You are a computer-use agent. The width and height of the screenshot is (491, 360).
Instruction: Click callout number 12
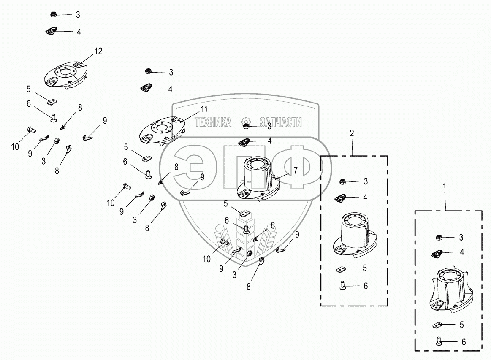coord(98,51)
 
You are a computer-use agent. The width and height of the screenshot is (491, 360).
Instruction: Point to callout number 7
coord(296,171)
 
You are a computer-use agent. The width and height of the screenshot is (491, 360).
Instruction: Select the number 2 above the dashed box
coord(352,133)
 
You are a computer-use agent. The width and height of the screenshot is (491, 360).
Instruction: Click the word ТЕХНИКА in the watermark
coord(213,122)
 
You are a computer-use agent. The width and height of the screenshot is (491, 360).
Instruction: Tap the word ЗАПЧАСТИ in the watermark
coord(281,122)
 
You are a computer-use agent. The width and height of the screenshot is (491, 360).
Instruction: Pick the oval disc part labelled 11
coord(162,130)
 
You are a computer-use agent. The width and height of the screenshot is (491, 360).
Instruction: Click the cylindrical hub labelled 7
coord(258,177)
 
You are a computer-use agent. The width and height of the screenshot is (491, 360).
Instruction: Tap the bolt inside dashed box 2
coord(343,286)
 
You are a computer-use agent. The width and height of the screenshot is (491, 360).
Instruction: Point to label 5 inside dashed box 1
coord(461,325)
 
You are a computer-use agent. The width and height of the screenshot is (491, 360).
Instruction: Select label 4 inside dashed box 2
coord(365,197)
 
